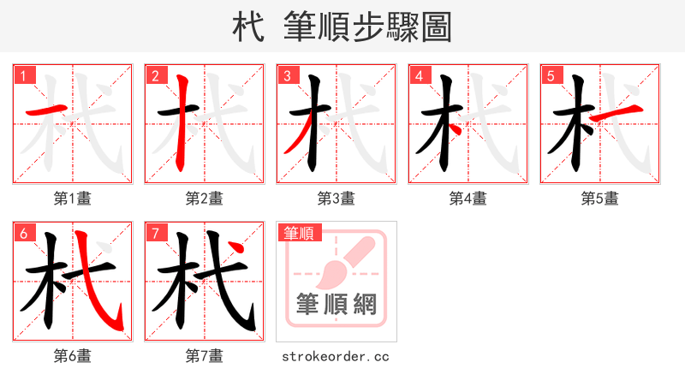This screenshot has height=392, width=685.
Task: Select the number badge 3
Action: click(288, 75)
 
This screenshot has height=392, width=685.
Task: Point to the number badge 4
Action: click(420, 75)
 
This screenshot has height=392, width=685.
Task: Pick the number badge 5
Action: click(551, 75)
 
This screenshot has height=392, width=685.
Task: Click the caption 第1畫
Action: click(73, 199)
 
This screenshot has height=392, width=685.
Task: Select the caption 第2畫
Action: click(205, 199)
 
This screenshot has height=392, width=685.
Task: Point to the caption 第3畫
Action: click(337, 199)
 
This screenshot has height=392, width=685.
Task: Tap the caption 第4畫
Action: click(468, 199)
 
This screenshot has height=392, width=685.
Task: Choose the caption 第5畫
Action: click(600, 199)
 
